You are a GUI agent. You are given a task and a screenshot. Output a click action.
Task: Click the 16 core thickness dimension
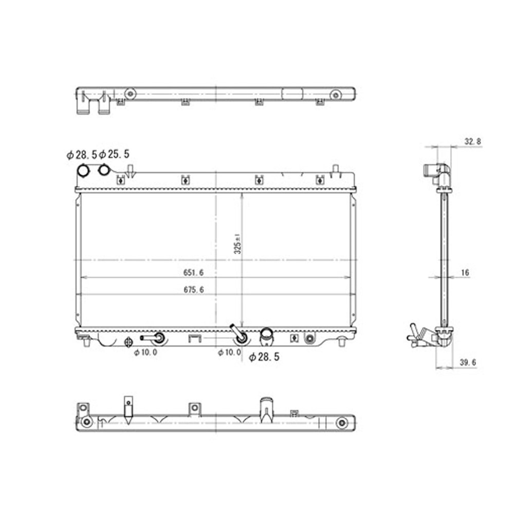click(x=464, y=273)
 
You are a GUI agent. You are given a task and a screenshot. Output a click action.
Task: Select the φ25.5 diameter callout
click(x=114, y=154)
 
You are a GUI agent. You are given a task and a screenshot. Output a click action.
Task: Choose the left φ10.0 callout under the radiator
click(x=145, y=353)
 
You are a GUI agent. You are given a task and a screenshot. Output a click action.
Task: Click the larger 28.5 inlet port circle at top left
click(x=83, y=170)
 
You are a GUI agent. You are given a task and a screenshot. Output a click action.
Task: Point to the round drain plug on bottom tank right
click(x=309, y=338)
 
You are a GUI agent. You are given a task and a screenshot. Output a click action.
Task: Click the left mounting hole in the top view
click(x=131, y=94)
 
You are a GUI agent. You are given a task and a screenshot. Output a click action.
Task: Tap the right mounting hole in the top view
click(x=335, y=94)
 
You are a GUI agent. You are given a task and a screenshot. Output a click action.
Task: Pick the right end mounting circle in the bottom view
click(x=341, y=423)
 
